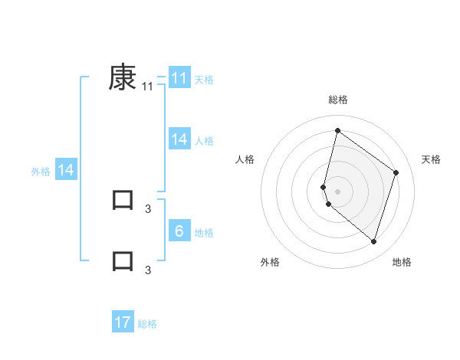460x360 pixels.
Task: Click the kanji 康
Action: tap(123, 77)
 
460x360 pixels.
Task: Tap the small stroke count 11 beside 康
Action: tap(148, 87)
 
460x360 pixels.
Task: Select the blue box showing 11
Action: tap(179, 78)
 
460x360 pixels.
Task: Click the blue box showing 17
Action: tap(123, 322)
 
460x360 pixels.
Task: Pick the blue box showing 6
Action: tap(179, 231)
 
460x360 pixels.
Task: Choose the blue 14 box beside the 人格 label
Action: tap(179, 139)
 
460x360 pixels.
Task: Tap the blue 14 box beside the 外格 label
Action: tap(66, 170)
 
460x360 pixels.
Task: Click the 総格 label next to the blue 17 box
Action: tap(147, 324)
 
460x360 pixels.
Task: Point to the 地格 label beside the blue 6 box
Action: tap(204, 233)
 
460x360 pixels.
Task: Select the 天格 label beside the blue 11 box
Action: tap(204, 80)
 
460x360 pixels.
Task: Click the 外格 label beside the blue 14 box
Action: tap(41, 172)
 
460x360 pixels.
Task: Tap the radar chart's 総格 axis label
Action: tap(337, 100)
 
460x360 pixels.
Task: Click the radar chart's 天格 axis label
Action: tap(431, 159)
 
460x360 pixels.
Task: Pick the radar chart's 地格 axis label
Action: tap(402, 262)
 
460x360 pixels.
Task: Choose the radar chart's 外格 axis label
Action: tap(270, 262)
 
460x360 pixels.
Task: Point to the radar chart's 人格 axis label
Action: tap(245, 159)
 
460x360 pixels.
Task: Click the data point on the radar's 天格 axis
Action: tap(396, 172)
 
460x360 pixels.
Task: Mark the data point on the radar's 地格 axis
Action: tap(373, 241)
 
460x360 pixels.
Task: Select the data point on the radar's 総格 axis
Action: tap(337, 130)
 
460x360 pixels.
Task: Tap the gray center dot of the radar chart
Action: tap(337, 191)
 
